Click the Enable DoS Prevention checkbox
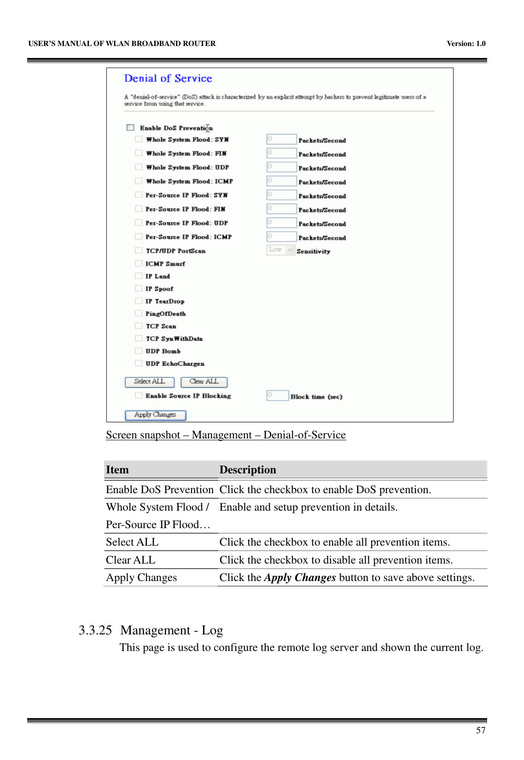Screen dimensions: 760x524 tap(130, 127)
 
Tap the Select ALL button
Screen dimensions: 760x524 tap(150, 382)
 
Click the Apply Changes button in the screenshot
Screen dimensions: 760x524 tap(155, 415)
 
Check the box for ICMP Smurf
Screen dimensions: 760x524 tap(138, 263)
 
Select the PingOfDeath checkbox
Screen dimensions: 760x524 tap(138, 313)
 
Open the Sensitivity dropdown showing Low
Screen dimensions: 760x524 tap(280, 250)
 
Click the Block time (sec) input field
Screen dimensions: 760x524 tap(277, 396)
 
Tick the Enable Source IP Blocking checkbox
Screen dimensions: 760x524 tap(138, 395)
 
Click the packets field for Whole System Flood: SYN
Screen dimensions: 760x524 tap(281, 139)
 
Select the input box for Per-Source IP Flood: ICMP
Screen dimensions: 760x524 tap(281, 237)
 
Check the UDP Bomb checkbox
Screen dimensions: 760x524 tap(138, 351)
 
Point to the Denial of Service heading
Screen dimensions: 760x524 tap(168, 79)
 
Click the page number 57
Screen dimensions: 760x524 tap(481, 731)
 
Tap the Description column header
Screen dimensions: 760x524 tap(248, 470)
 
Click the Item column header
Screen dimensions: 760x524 tap(117, 470)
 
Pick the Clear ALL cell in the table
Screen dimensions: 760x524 tap(131, 560)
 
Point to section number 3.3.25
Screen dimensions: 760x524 tap(95, 630)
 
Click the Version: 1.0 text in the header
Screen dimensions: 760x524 tap(466, 44)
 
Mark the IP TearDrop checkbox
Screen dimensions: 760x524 tap(138, 301)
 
